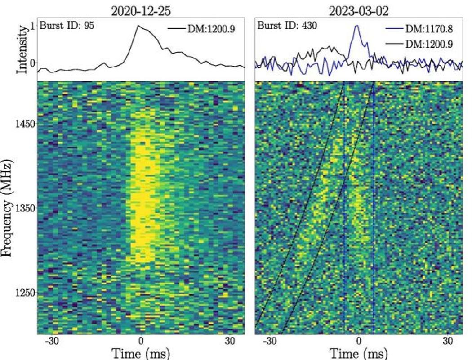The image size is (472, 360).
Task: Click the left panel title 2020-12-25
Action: point(141,10)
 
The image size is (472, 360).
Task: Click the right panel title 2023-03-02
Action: point(358,10)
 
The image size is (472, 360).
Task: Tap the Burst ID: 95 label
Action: point(67,26)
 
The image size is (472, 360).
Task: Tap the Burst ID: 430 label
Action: point(287,26)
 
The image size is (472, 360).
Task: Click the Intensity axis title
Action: point(21,49)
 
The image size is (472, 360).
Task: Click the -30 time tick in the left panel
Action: point(52,341)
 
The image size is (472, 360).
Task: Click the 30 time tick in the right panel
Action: point(448,341)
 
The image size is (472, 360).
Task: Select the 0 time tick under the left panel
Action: point(141,341)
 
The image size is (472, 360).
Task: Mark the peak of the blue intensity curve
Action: point(357,26)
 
